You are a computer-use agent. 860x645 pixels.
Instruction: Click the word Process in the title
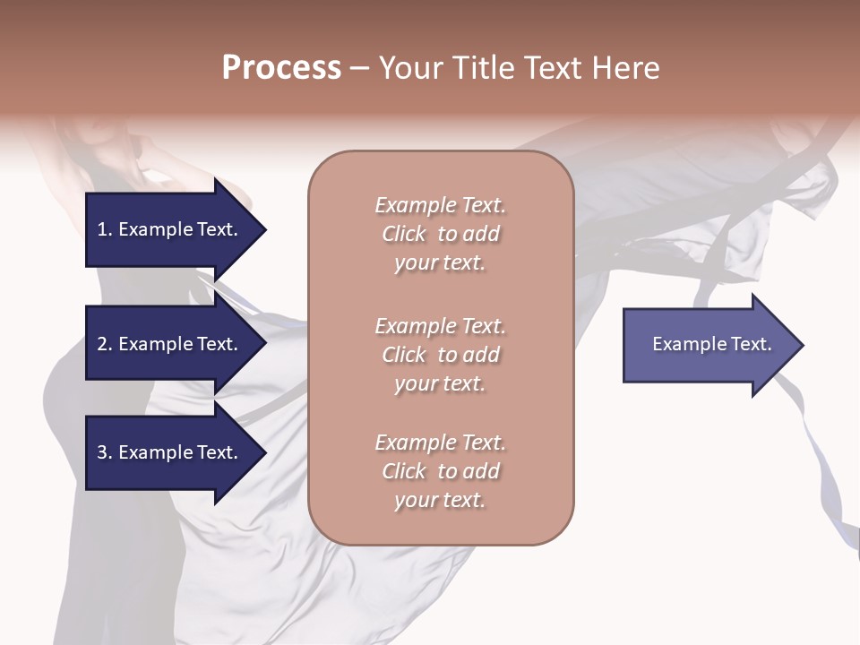pyautogui.click(x=281, y=68)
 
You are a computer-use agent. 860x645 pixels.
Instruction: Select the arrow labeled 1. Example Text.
pyautogui.click(x=170, y=230)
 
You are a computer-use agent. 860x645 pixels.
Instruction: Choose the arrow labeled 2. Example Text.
pyautogui.click(x=170, y=345)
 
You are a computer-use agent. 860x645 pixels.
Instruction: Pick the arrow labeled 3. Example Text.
pyautogui.click(x=170, y=453)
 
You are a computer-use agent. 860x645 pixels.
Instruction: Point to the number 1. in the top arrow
pyautogui.click(x=105, y=230)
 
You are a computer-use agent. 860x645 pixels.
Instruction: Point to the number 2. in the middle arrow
pyautogui.click(x=105, y=345)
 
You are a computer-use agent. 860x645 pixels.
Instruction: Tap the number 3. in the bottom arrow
pyautogui.click(x=105, y=453)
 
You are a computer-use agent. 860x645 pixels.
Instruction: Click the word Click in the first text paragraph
pyautogui.click(x=404, y=235)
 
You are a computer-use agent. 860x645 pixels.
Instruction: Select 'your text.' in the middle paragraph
pyautogui.click(x=440, y=383)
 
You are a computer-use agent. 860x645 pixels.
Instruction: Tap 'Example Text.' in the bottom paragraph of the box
pyautogui.click(x=440, y=443)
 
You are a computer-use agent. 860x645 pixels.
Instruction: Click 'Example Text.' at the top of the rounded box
pyautogui.click(x=440, y=206)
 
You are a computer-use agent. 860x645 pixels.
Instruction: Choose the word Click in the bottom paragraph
pyautogui.click(x=404, y=471)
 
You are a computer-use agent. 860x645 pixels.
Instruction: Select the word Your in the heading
pyautogui.click(x=411, y=68)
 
